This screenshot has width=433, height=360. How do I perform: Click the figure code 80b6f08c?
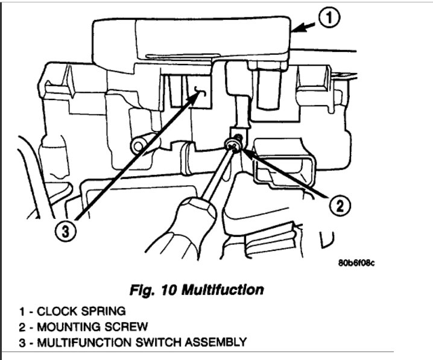click(361, 263)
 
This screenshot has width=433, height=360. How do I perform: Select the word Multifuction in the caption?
click(226, 290)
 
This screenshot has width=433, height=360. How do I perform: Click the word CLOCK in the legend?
click(54, 312)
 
